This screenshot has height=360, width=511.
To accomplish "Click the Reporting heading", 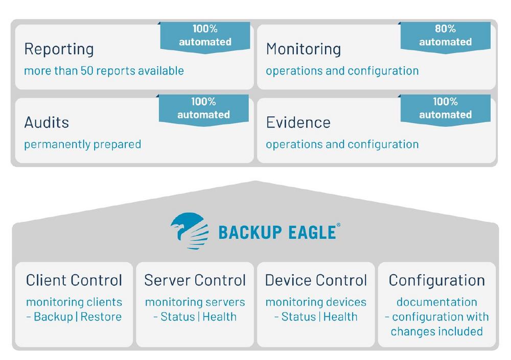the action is pos(59,50).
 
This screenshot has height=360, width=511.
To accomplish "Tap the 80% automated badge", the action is pos(445,36).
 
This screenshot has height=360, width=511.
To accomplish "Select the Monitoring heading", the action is pos(304,50).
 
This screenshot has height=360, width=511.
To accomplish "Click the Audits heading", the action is pos(47,123).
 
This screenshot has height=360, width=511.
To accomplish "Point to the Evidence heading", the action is pos(298,123).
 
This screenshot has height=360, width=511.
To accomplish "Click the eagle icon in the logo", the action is pos(190,231).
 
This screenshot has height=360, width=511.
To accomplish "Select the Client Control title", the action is pos(74,280).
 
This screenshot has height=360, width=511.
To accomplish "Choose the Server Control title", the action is pos(195,280).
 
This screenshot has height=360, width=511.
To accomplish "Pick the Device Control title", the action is pos(316,280).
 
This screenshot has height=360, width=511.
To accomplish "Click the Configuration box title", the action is pos(437,280).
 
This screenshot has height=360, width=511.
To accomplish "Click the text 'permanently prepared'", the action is pos(82,145).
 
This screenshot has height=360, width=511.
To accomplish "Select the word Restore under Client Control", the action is pos(101,317).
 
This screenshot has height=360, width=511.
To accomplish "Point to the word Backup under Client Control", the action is pos(54,317).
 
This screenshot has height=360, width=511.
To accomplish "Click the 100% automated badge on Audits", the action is pos(204,110).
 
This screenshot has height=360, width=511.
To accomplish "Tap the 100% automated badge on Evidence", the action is pos(445,110).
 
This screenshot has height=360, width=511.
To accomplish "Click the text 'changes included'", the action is pos(437,331).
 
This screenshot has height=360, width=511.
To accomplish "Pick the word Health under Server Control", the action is pos(219,317).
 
